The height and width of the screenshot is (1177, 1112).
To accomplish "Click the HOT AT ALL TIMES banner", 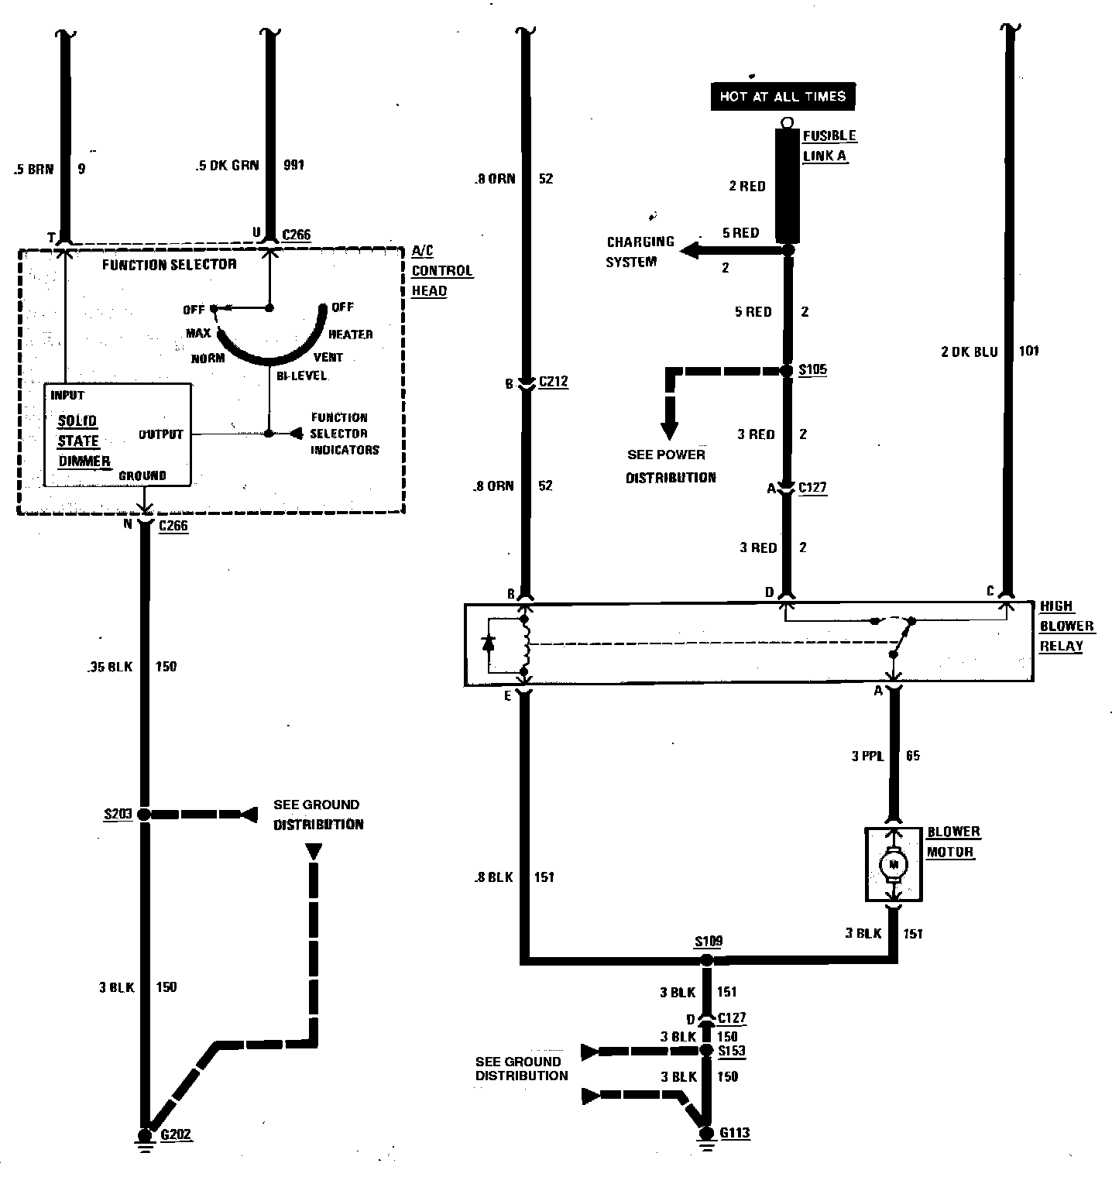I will tap(782, 96).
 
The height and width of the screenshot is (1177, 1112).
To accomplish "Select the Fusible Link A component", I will tap(788, 185).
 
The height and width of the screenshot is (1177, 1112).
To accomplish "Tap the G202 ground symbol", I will tap(144, 1135).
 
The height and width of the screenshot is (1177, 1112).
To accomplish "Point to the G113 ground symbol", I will tap(705, 1133).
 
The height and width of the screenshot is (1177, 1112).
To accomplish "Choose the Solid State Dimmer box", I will tap(117, 434).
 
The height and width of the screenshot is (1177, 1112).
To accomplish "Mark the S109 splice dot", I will tap(705, 960).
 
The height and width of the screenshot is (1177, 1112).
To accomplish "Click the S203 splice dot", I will tap(143, 815).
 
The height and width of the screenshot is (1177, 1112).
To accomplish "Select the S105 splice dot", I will tap(787, 371).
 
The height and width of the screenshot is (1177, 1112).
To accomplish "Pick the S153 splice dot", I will tap(705, 1051).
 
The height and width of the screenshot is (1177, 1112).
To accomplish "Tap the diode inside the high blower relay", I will tap(488, 643).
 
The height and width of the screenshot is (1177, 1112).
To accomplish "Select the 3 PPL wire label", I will tap(867, 756).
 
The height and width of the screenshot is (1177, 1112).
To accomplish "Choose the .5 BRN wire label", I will tap(34, 168).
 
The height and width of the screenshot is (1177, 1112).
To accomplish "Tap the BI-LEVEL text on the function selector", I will tap(301, 376).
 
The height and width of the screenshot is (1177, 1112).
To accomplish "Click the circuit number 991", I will tap(293, 165).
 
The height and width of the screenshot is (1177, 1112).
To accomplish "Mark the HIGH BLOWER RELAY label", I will tap(1066, 626).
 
